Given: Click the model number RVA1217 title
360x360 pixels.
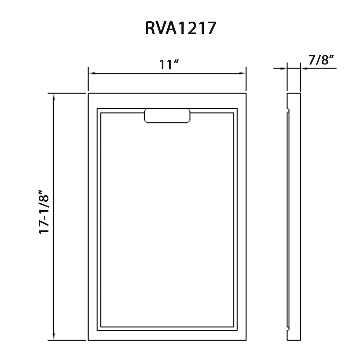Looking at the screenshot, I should point(180,28).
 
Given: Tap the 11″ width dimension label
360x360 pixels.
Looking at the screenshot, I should point(169,64).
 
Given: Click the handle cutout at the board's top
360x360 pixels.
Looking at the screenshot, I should point(167,116).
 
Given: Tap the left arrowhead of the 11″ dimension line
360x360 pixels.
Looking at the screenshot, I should point(91,73).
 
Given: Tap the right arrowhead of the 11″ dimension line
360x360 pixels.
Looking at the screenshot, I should point(243,73).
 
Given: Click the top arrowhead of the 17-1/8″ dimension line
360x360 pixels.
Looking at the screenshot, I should point(54,96).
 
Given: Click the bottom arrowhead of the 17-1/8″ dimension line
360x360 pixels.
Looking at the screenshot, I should point(54,337).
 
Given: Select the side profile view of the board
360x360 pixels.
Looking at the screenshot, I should point(293,216).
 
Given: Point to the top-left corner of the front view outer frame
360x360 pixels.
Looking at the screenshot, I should point(88,93).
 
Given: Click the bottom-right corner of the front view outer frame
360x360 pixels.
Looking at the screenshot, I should point(246,340).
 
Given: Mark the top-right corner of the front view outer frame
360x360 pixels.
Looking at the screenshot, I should point(246,93).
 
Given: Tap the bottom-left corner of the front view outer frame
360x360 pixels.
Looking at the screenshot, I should point(88,340).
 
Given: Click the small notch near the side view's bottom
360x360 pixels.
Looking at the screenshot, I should point(288,328).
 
